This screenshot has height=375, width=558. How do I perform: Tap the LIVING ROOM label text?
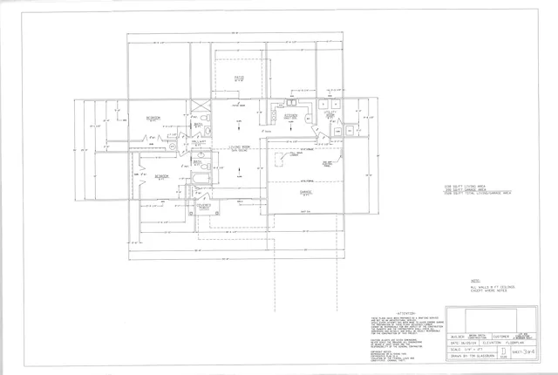pyautogui.click(x=228, y=147)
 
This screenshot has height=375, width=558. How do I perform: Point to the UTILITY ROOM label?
pyautogui.click(x=331, y=114)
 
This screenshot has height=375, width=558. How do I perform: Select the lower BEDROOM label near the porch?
pyautogui.click(x=161, y=176)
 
